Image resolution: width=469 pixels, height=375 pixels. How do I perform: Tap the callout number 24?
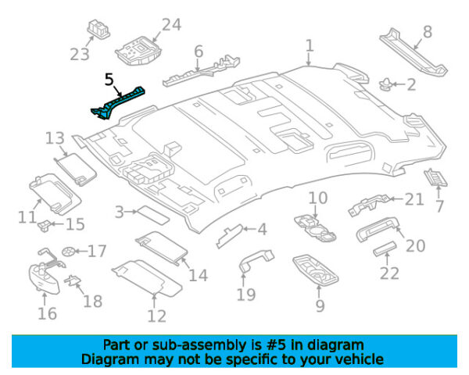(170, 26)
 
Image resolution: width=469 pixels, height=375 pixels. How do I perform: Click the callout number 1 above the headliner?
(310, 46)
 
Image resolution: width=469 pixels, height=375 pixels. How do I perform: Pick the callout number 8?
(427, 32)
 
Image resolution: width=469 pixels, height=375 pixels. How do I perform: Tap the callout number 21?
(414, 199)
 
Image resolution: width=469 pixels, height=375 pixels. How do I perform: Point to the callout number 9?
(320, 305)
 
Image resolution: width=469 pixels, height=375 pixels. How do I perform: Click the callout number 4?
(262, 230)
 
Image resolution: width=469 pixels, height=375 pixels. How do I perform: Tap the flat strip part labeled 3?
(147, 212)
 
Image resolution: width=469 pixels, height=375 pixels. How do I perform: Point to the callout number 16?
(47, 313)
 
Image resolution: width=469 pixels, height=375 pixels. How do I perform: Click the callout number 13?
(55, 139)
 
